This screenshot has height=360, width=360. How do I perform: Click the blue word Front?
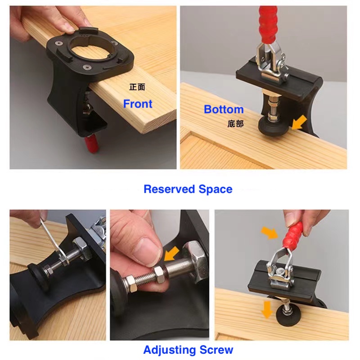(138, 104)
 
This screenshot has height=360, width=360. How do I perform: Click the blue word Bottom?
(224, 109)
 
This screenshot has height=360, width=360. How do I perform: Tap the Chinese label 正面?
(137, 87)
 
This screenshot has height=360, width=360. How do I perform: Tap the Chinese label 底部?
(235, 124)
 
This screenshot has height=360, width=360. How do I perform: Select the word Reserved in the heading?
(169, 189)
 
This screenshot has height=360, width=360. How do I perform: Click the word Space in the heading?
(216, 189)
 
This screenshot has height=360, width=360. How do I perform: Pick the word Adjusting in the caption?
(169, 350)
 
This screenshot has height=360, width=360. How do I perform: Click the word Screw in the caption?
(216, 350)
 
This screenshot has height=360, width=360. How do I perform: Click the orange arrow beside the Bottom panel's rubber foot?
(299, 122)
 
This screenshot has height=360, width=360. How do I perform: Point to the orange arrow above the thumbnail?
(171, 253)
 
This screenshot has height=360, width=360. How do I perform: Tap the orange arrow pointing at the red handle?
(270, 233)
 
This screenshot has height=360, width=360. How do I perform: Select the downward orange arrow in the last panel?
(267, 310)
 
